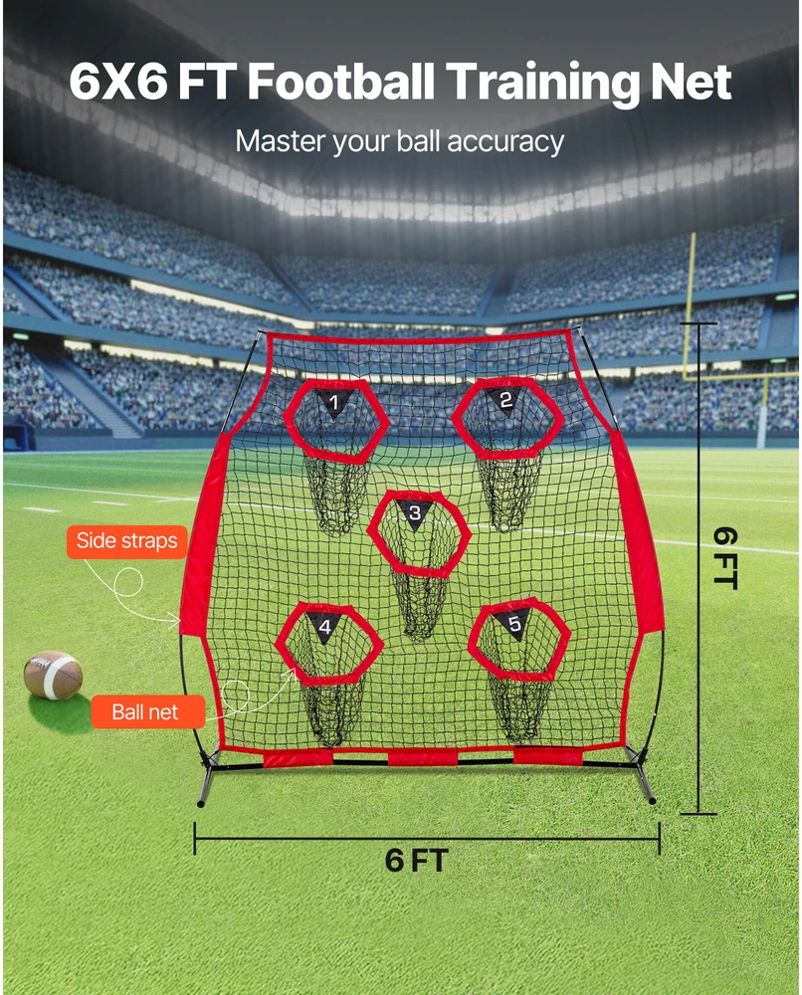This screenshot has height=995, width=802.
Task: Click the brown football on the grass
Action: click(x=53, y=676)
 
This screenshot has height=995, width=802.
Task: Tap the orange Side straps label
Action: click(x=127, y=541)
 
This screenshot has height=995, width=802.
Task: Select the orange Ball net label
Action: click(x=148, y=712)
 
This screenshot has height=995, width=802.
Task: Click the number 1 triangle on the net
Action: click(x=334, y=404)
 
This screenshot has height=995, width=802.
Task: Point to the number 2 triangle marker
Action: click(x=505, y=401)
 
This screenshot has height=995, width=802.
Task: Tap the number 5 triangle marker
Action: click(x=514, y=625)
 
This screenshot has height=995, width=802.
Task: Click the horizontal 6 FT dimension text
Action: click(x=416, y=861)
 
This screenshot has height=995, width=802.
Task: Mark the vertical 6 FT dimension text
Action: click(x=724, y=558)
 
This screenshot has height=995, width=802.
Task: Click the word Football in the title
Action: click(x=340, y=82)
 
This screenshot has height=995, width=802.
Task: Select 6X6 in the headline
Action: click(x=118, y=82)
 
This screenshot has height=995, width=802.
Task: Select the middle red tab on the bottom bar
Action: click(x=422, y=756)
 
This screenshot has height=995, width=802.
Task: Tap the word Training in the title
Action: click(x=543, y=84)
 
